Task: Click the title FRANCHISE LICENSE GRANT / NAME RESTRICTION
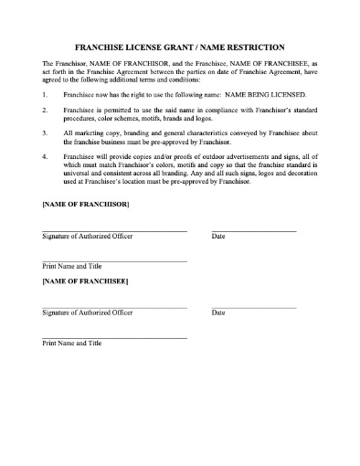point(179,47)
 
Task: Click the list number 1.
point(45,94)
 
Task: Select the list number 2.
point(45,109)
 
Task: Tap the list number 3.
point(45,132)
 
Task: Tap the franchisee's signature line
point(114,307)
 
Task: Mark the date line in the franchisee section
point(254,307)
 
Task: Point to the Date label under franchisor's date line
point(218,237)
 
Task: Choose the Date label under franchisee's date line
point(218,313)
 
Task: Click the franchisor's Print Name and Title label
point(72,266)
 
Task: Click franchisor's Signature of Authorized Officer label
point(88,237)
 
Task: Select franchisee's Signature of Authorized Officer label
point(88,313)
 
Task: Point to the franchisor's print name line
point(114,261)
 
